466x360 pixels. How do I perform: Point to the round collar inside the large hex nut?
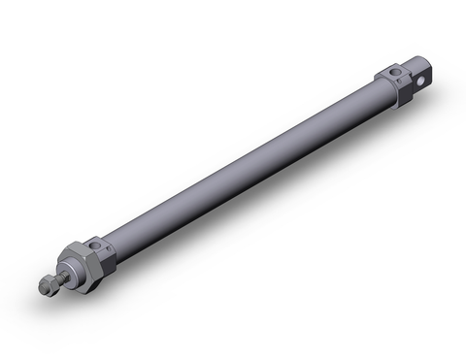coord(70,271)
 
